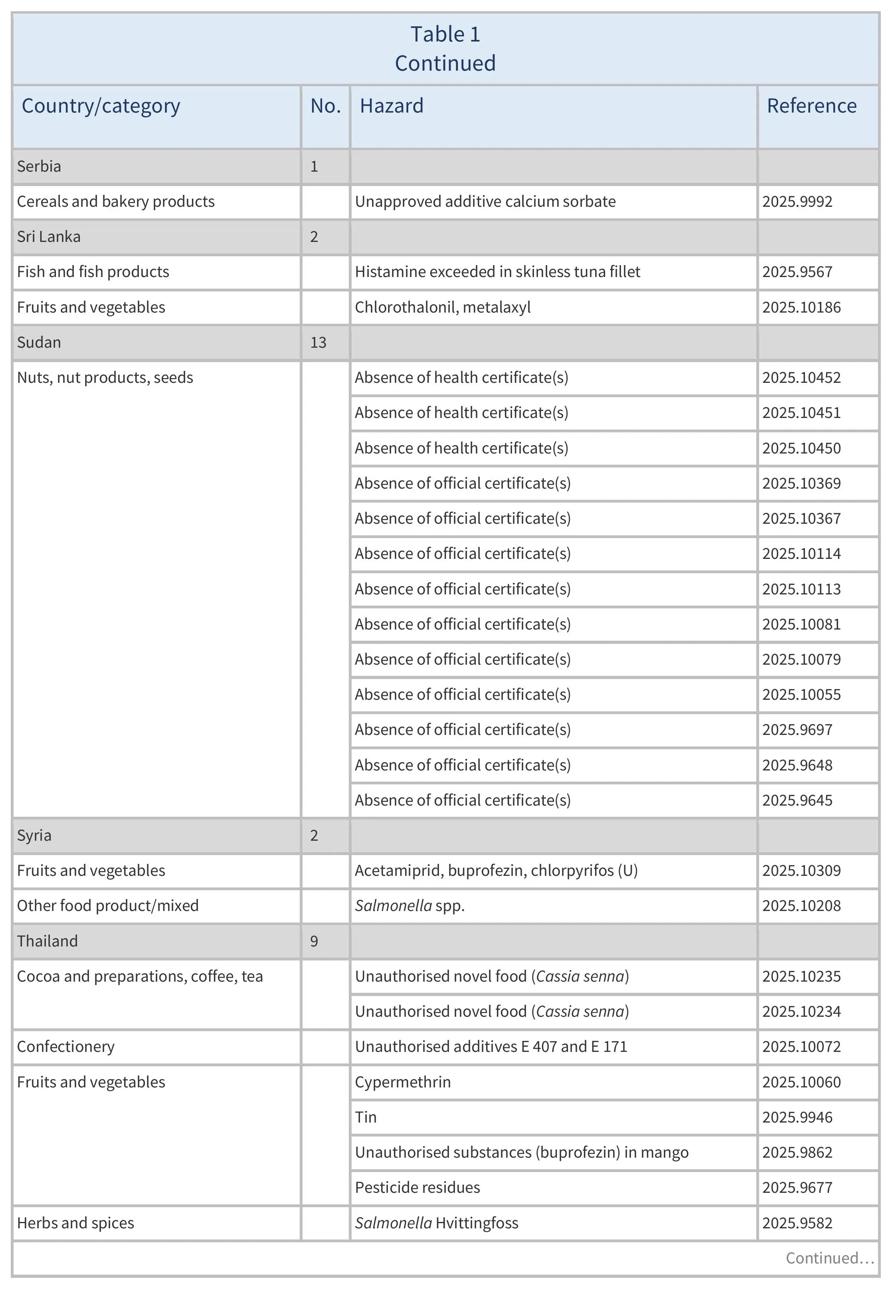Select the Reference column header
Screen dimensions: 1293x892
click(811, 106)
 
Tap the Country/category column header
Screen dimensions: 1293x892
click(101, 106)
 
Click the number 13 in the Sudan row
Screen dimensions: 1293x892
click(318, 342)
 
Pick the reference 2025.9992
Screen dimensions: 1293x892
click(797, 201)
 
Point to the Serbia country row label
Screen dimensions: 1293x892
click(39, 166)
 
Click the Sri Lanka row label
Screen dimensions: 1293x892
click(49, 236)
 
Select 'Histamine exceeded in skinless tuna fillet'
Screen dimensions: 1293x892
click(497, 272)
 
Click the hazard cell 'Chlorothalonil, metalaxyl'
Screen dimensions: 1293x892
click(442, 307)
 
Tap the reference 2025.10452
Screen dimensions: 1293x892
click(801, 377)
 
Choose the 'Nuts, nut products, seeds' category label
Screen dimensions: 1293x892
click(105, 377)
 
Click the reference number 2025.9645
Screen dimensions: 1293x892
click(797, 800)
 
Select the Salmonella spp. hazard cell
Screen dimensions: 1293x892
click(409, 906)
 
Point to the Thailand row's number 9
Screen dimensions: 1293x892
click(314, 941)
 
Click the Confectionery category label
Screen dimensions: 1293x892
click(65, 1046)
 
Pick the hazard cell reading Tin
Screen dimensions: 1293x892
click(366, 1117)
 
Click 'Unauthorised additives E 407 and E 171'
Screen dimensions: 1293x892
click(491, 1046)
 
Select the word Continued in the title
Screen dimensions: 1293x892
click(445, 63)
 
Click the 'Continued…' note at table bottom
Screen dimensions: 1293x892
click(829, 1258)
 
